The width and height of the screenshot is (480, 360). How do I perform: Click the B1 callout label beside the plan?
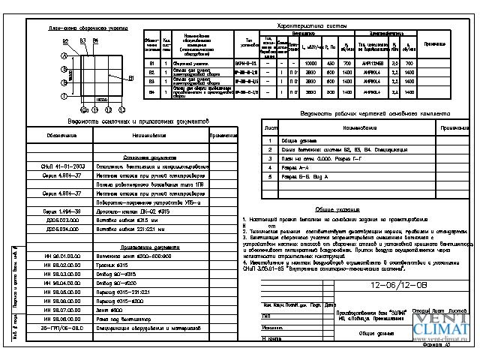click(130, 78)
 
